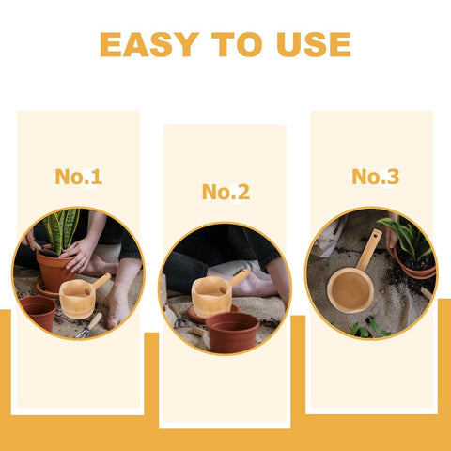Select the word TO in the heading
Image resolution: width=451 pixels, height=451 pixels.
pyautogui.click(x=237, y=44)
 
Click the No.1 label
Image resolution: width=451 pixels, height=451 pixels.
pyautogui.click(x=79, y=177)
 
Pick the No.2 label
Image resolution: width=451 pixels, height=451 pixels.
pyautogui.click(x=225, y=192)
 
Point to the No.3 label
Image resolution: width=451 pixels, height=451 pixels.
pyautogui.click(x=376, y=177)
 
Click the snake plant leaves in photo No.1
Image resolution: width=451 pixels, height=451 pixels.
pyautogui.click(x=62, y=230)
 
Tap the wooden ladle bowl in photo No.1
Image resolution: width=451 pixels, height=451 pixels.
pyautogui.click(x=77, y=299)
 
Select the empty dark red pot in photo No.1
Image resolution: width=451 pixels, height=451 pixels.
pyautogui.click(x=39, y=313)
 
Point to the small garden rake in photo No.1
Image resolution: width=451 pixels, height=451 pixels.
pyautogui.click(x=89, y=326)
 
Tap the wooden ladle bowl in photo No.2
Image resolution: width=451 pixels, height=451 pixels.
pyautogui.click(x=211, y=297)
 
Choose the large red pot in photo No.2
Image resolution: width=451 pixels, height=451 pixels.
pyautogui.click(x=232, y=332)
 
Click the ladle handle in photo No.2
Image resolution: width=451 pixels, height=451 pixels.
pyautogui.click(x=239, y=277)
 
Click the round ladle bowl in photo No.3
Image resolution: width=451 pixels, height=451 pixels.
pyautogui.click(x=350, y=289)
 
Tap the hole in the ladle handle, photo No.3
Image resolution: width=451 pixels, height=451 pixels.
pyautogui.click(x=377, y=234)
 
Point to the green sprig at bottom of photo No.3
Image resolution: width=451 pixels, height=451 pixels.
pyautogui.click(x=369, y=329)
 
